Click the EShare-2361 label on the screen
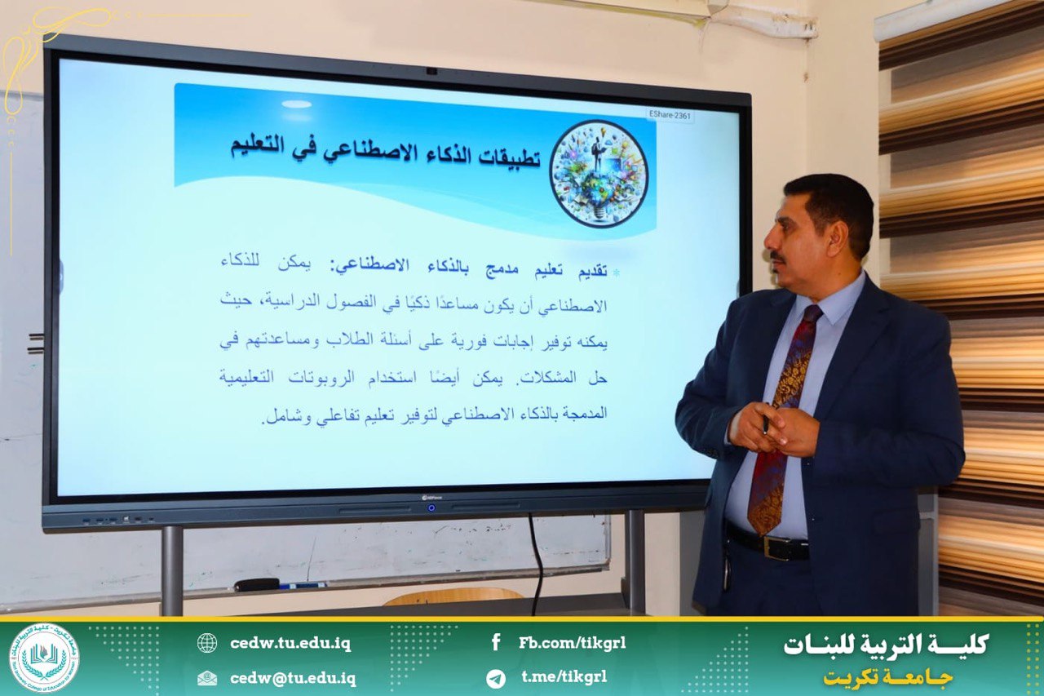click(x=670, y=115)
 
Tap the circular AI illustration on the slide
click(x=599, y=174)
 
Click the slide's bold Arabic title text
click(x=386, y=151)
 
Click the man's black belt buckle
click(x=783, y=547)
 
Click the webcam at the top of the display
click(x=431, y=71)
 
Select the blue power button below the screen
click(x=431, y=508)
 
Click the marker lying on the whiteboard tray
click(x=279, y=584)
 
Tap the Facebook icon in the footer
click(x=496, y=643)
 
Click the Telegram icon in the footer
click(x=495, y=678)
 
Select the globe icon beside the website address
click(x=207, y=643)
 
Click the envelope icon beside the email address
click(x=207, y=678)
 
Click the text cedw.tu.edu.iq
click(x=290, y=643)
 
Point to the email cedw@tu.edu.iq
click(x=293, y=678)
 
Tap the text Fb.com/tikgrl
click(x=573, y=643)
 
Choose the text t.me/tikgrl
click(x=564, y=677)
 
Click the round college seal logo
click(x=44, y=658)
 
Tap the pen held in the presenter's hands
click(x=765, y=418)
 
